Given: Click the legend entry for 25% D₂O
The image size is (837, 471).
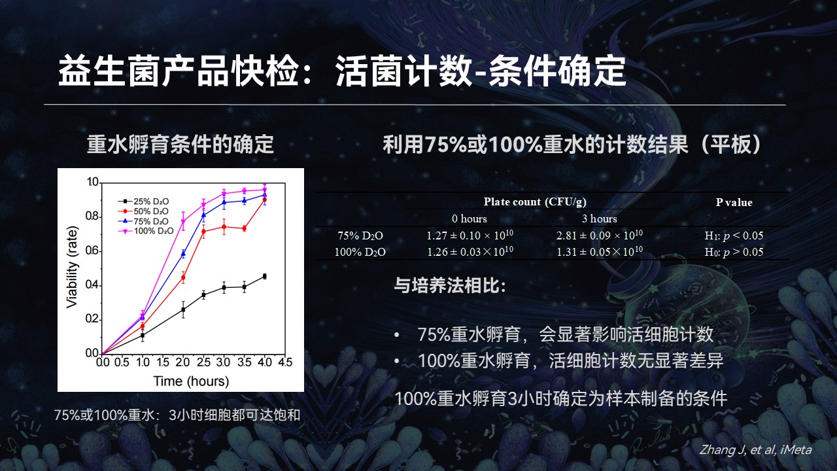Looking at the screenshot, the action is point(143,201).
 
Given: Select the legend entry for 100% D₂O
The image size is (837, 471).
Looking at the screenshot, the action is point(146,231).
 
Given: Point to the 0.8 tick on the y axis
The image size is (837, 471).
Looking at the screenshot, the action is point(92,217).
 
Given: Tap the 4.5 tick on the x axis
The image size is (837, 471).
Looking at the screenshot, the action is point(285,362).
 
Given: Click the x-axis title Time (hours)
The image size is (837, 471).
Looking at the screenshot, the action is point(191,381).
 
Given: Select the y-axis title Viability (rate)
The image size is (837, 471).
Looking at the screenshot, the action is point(72,268).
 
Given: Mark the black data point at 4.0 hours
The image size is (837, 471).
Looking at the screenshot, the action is point(265,276).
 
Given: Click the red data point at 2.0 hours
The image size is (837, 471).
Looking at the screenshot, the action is point(183,277).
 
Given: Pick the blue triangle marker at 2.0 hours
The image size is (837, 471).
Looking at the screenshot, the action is point(183,254).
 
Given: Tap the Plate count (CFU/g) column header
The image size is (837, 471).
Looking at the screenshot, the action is point(535,202).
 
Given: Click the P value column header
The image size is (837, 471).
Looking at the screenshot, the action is point(734,202).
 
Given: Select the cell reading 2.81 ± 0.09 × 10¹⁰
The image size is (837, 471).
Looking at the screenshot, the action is point(600,235).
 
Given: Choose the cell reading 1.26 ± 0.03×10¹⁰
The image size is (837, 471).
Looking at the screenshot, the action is point(470,251).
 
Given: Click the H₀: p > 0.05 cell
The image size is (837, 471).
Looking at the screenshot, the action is point(734,252).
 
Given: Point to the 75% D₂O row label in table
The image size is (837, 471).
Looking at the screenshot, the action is point(360,236).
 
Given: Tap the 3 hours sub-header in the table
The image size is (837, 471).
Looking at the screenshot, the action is point(600,218).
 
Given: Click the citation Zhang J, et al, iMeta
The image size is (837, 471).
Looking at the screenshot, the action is point(755,449).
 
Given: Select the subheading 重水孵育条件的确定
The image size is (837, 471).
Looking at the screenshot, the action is point(180,145).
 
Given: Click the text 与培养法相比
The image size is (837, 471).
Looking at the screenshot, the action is point(449,286).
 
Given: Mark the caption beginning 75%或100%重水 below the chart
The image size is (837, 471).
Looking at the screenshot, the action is point(177,415).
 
